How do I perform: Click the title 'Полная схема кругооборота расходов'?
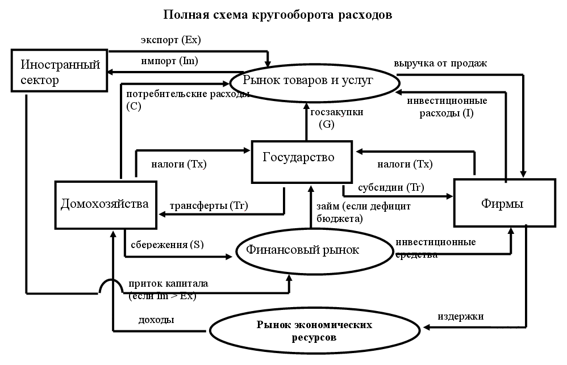(277, 15)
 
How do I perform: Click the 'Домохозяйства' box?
(106, 203)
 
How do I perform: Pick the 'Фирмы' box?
(504, 203)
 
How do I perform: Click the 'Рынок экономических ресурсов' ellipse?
(314, 331)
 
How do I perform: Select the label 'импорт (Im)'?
(169, 60)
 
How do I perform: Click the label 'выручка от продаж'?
(440, 62)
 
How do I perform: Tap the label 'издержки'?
(460, 317)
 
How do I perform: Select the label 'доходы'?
(156, 320)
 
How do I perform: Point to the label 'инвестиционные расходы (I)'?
(447, 107)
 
